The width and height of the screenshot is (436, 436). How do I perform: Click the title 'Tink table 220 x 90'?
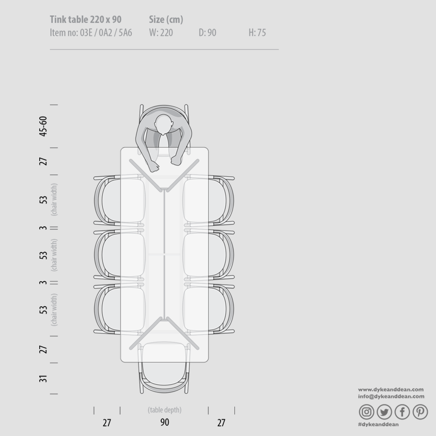pos(86,19)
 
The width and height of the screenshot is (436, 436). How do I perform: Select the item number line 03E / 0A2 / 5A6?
pos(91,32)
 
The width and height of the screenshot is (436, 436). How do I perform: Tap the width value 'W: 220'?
pos(161,32)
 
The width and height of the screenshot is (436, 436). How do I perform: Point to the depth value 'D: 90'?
pos(207,32)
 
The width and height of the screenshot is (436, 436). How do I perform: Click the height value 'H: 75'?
pos(257,32)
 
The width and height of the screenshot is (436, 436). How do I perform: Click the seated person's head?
pos(164,125)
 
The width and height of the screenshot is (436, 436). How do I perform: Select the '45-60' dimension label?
pos(43,126)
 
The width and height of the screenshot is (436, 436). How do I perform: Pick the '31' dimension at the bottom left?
pos(43,379)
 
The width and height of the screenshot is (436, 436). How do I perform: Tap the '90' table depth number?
pos(165,422)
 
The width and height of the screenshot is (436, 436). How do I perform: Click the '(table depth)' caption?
pos(165,410)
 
